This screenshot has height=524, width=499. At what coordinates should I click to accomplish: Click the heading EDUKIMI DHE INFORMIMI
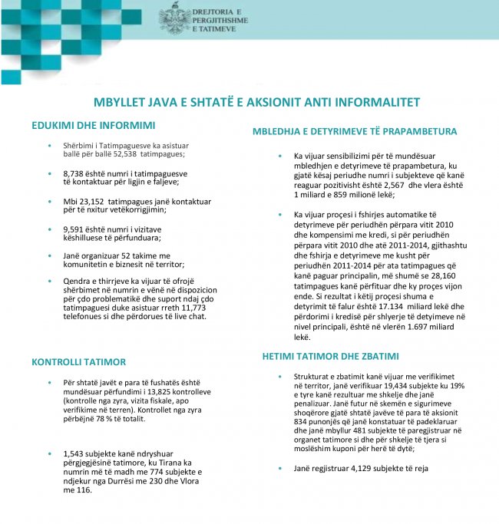click(x=94, y=125)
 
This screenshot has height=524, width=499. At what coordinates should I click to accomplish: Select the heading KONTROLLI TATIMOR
click(x=78, y=361)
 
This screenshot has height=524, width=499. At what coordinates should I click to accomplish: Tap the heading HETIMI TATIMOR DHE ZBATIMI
click(x=330, y=357)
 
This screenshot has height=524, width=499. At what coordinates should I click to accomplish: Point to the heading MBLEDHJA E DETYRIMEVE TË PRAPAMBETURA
click(x=355, y=132)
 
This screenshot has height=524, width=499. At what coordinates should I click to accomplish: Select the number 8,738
click(x=75, y=174)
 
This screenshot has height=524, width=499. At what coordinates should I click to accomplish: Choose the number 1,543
click(x=76, y=453)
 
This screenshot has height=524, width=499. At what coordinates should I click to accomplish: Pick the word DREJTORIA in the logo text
click(x=217, y=12)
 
